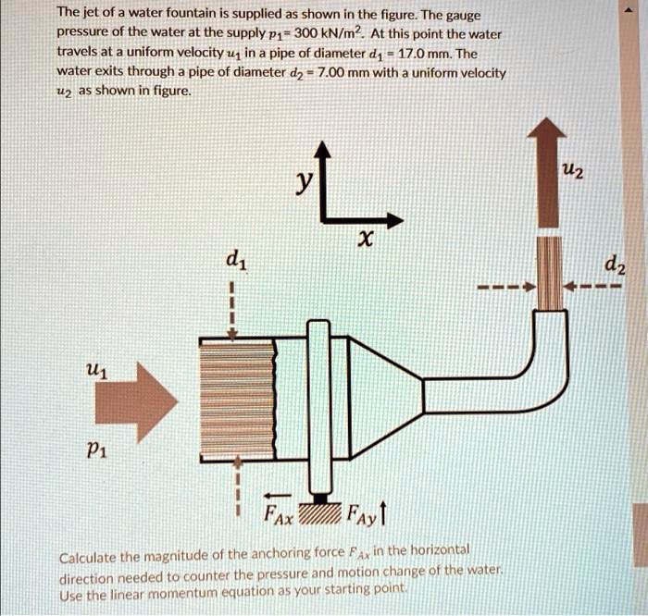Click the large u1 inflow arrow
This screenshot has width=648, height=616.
point(134,401)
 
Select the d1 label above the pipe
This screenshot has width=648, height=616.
point(236,261)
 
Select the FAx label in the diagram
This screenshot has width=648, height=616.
point(279,515)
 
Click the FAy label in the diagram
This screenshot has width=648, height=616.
point(366,515)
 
